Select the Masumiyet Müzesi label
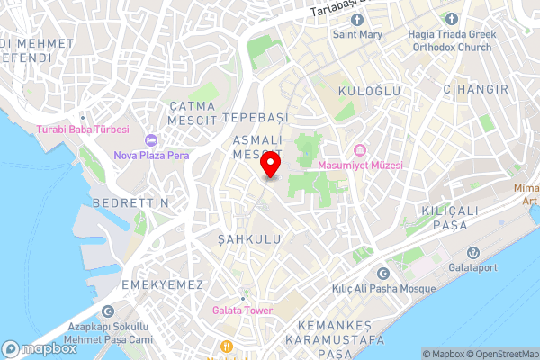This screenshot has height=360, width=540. pyautogui.click(x=360, y=166)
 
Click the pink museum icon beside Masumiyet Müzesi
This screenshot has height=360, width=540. pyautogui.click(x=360, y=149)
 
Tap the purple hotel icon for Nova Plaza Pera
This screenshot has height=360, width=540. pyautogui.click(x=149, y=139)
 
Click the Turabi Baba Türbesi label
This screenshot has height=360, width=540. pyautogui.click(x=84, y=129)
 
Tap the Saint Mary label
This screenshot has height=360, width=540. pyautogui.click(x=357, y=35)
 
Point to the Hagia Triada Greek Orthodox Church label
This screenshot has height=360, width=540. pyautogui.click(x=450, y=41)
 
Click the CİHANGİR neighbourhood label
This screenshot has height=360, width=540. pyautogui.click(x=475, y=89)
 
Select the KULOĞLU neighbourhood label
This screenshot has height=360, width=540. pyautogui.click(x=361, y=92)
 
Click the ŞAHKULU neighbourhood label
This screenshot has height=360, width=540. pyautogui.click(x=249, y=239)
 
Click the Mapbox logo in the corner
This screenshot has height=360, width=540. pyautogui.click(x=40, y=348)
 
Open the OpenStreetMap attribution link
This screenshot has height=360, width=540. pyautogui.click(x=502, y=354)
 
